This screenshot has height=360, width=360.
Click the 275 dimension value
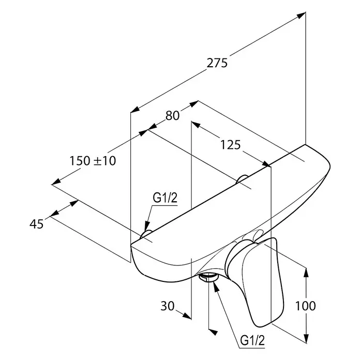coord(217,63)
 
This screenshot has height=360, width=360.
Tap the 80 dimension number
coord(172,115)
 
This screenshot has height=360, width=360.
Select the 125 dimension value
coord(231,145)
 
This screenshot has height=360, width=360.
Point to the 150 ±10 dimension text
coord(93,161)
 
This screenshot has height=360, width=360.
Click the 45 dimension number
coord(37,224)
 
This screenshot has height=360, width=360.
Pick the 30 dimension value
coord(168,306)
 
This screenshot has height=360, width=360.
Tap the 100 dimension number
coord(305,306)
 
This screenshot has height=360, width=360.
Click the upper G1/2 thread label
coord(165,198)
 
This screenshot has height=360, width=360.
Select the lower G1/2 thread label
coord(252,340)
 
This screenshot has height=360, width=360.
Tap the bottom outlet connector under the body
coord(208,277)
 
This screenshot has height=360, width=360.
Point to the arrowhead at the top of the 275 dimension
coord(302,15)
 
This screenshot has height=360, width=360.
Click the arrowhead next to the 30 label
coord(187,316)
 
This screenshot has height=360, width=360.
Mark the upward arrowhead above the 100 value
coord(306,273)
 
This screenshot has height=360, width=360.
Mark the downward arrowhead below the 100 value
coord(306,338)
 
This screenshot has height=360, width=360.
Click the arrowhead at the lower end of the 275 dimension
coord(135,110)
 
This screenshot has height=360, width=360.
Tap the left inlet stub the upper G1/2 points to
coord(146,233)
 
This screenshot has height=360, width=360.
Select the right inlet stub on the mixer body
coord(242,179)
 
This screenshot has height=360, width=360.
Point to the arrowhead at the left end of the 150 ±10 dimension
coord(56,181)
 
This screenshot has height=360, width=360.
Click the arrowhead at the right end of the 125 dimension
coord(266,164)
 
